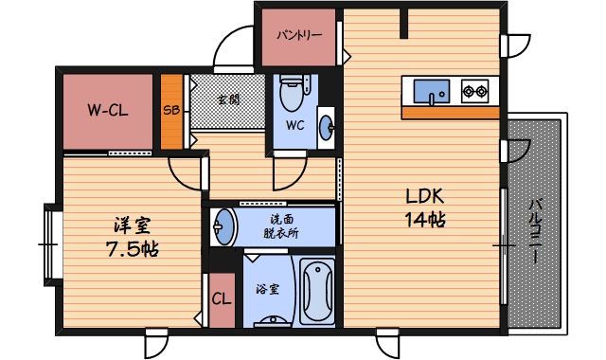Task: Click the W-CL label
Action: tap(107, 110)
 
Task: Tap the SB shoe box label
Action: tap(171, 110)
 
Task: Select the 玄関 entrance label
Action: tap(227, 99)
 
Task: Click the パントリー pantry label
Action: tap(299, 36)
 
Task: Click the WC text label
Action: tap(294, 125)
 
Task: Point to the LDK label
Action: tap(425, 198)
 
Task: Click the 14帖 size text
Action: tap(425, 220)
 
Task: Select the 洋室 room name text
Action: tap(132, 226)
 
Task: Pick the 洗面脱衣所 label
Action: tap(279, 226)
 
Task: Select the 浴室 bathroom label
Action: tap(268, 289)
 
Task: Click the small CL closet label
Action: tap(222, 300)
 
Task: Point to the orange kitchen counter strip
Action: tap(450, 113)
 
